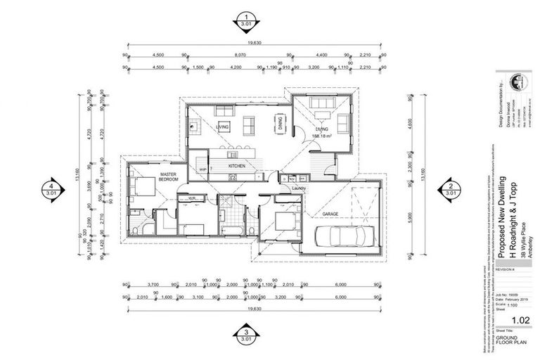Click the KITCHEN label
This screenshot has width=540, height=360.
[x=238, y=165]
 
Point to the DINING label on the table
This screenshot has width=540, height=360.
[x=280, y=125]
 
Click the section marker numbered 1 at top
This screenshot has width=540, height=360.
[x=247, y=21]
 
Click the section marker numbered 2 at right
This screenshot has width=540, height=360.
[x=450, y=188]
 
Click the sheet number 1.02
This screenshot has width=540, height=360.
[x=521, y=321]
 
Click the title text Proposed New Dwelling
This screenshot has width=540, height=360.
[x=498, y=211]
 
